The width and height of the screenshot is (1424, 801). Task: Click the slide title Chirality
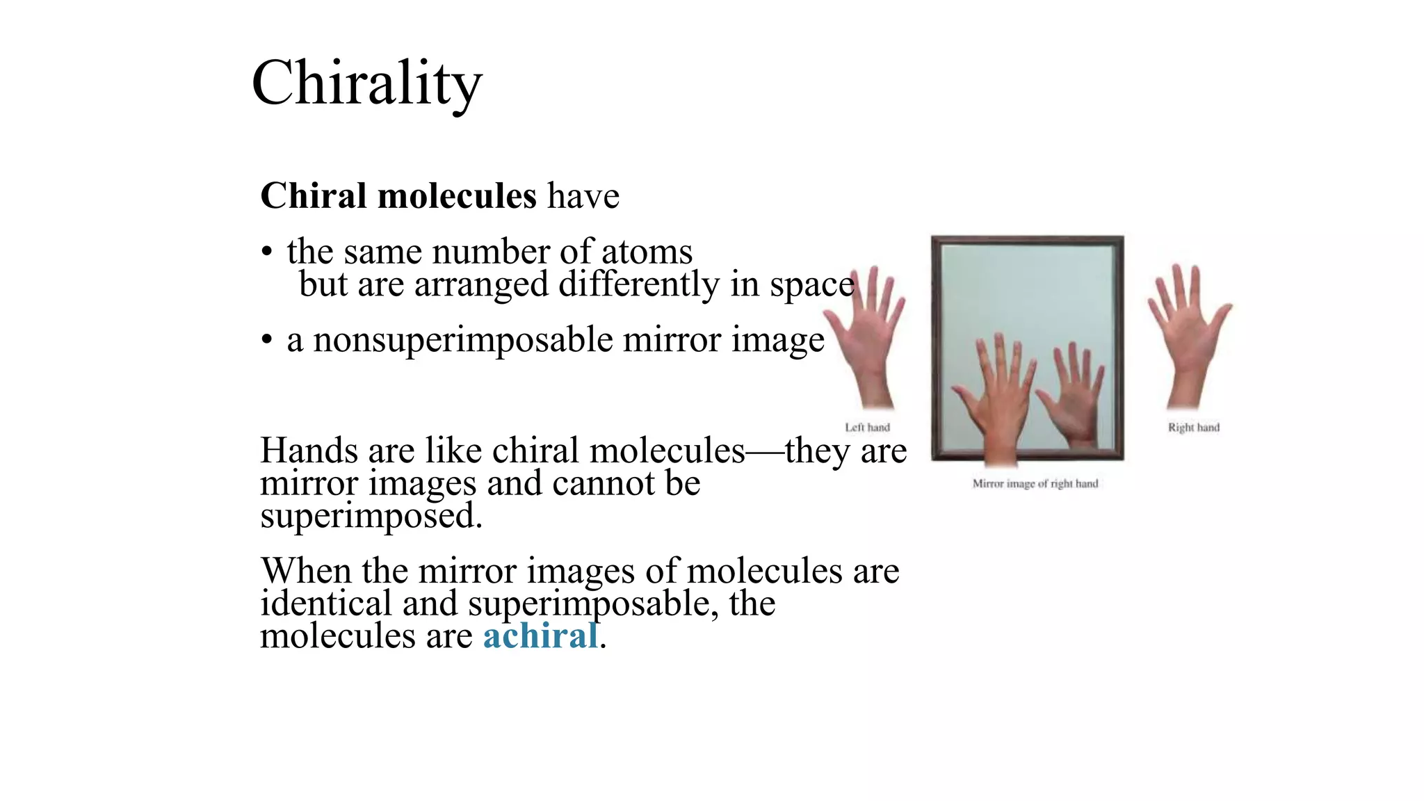point(366,84)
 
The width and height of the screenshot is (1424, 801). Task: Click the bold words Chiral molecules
point(398,196)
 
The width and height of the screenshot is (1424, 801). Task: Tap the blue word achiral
point(540,636)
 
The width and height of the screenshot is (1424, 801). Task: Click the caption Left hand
point(867,428)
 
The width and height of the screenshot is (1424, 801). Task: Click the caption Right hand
point(1193,428)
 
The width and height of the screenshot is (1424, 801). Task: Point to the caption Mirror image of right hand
point(1035,484)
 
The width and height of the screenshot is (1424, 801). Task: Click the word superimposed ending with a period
point(371,516)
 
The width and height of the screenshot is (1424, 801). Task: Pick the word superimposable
point(593,604)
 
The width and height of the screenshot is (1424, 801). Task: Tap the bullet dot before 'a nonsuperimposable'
point(266,341)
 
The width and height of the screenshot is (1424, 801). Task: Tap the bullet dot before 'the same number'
point(266,252)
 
